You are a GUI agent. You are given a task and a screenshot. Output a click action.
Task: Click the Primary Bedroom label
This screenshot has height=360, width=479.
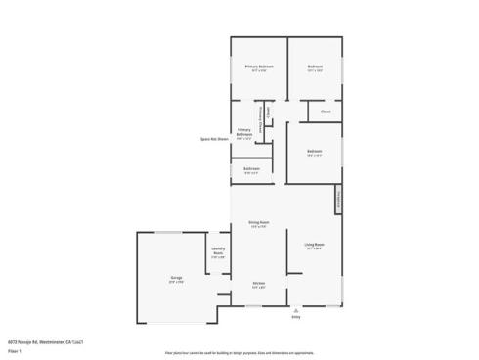click(259, 67)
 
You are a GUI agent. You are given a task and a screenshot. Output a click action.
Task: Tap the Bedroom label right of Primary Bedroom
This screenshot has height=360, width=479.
click(315, 67)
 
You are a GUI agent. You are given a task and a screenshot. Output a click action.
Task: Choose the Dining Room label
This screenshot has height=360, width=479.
click(259, 224)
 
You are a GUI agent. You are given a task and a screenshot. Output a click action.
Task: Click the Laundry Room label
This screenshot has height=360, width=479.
click(219, 251)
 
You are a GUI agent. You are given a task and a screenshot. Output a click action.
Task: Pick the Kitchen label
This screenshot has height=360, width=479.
click(259, 284)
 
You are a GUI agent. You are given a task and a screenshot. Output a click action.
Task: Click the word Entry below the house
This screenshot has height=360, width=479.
click(296, 317)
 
